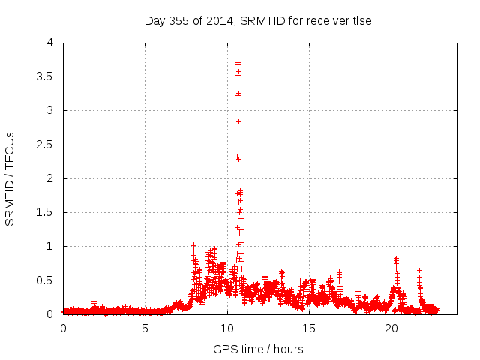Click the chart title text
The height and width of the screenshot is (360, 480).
(x=258, y=20)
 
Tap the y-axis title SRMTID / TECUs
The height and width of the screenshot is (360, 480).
(x=10, y=178)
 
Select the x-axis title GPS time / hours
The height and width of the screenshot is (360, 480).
(x=258, y=349)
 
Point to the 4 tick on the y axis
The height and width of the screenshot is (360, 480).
(x=50, y=43)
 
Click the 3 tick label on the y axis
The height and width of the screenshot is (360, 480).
(x=50, y=110)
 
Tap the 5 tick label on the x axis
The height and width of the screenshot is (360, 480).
(x=145, y=328)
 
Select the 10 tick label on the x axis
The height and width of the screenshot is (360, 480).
(x=227, y=328)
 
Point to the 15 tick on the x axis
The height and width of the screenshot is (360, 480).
(x=310, y=328)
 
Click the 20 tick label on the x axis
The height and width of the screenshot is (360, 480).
(x=391, y=328)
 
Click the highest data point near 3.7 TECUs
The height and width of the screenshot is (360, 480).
(x=238, y=63)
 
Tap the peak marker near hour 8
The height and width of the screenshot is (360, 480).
(x=193, y=245)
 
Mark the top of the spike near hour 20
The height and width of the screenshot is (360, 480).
(x=395, y=258)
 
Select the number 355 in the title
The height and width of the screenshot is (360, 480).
(x=180, y=20)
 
